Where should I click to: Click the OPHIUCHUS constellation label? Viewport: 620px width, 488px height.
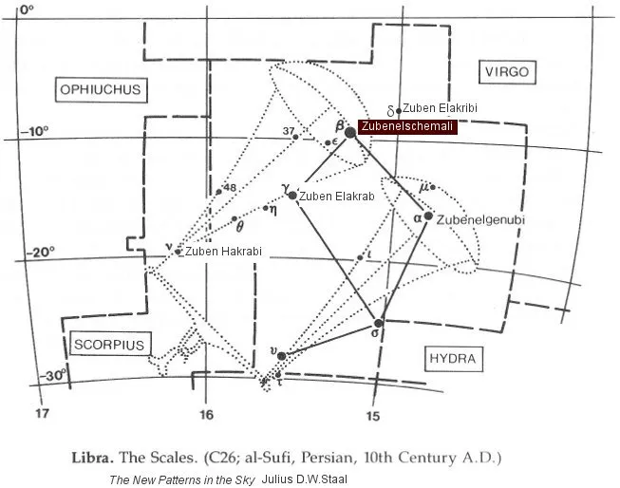point(100,90)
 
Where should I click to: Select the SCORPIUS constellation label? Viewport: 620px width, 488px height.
point(107,345)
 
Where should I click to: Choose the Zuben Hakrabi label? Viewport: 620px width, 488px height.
point(223,252)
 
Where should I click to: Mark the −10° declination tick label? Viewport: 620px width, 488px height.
point(36,131)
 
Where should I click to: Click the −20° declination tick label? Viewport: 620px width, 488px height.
point(36,252)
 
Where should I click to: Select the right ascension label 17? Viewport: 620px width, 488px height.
point(41,415)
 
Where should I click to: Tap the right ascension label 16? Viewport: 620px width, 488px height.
point(206,415)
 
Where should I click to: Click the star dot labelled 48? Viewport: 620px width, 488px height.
point(219,191)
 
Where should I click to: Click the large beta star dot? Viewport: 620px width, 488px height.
point(350,132)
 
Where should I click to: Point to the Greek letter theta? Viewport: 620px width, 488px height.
point(240,227)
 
